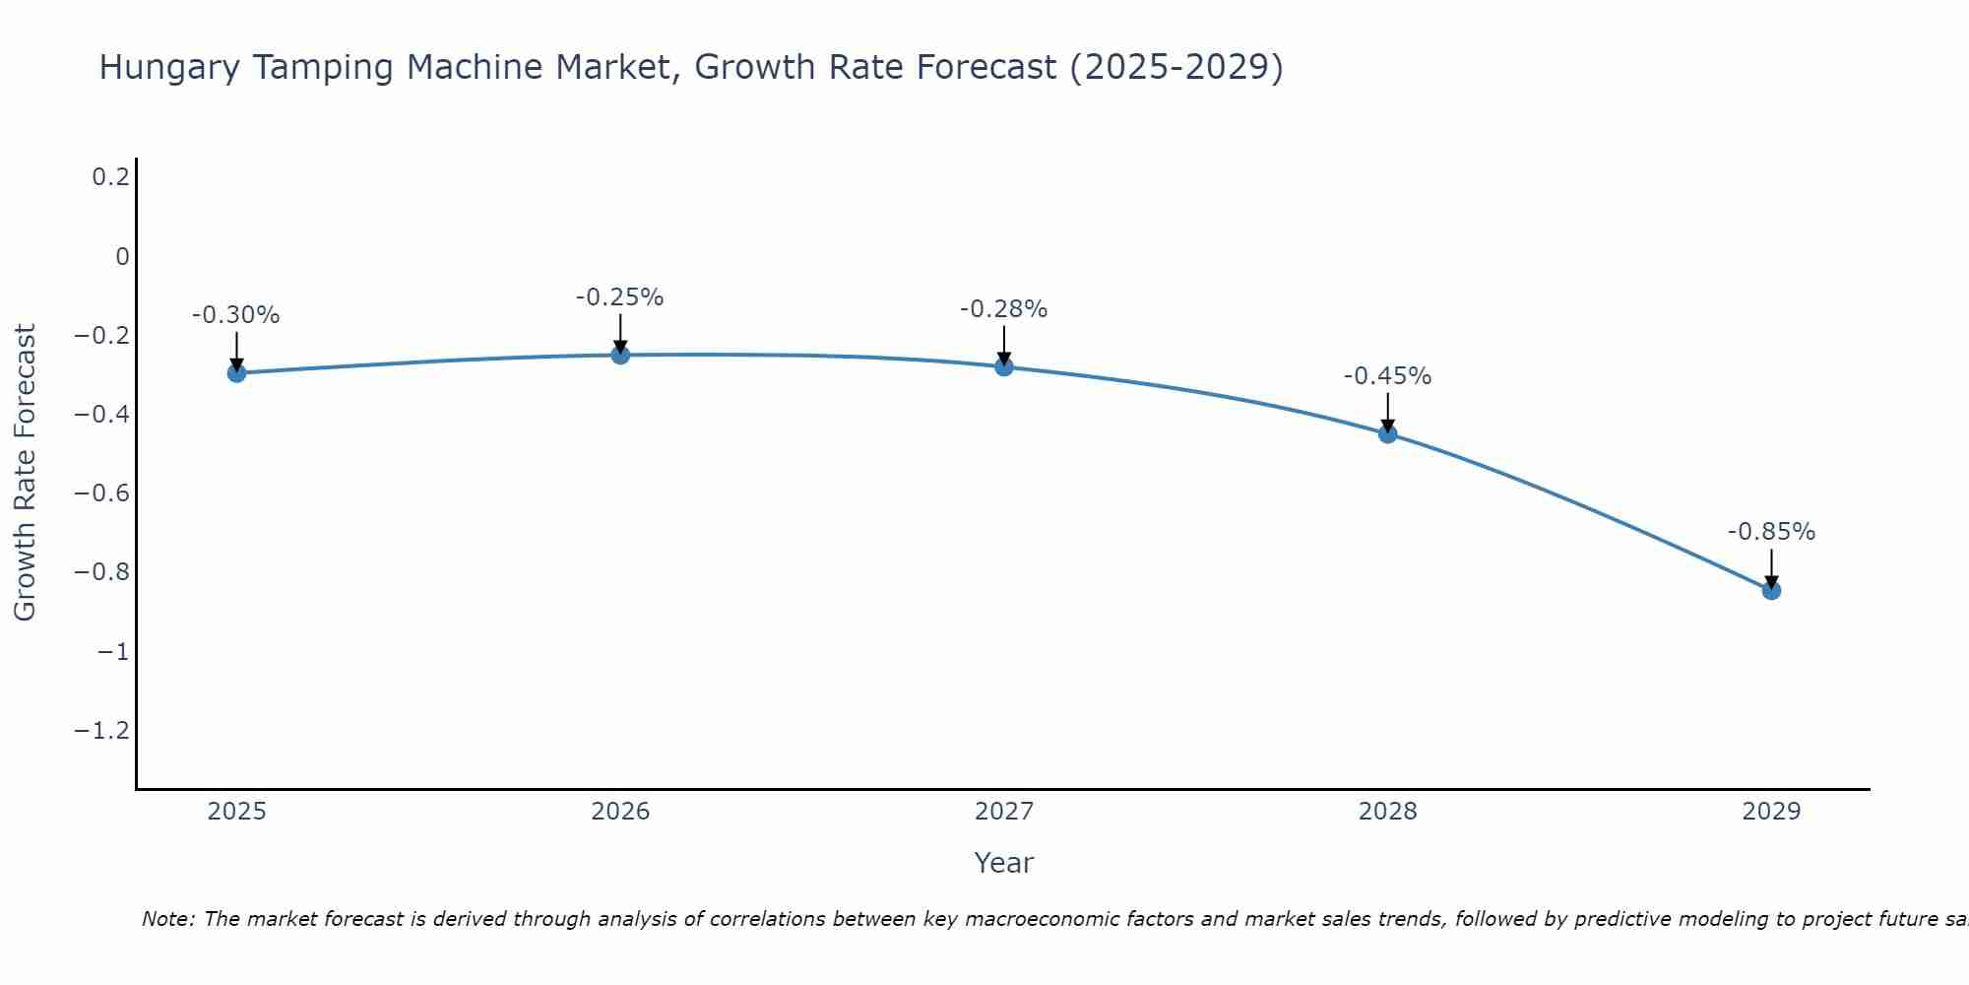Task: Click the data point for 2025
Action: coord(236,373)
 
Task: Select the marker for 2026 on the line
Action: coord(620,355)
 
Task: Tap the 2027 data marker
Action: coord(1004,366)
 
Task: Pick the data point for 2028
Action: coord(1388,433)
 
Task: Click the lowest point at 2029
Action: coord(1771,591)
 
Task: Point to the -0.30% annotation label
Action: coord(235,315)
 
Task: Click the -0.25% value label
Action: coord(619,297)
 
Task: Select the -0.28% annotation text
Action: coord(1003,309)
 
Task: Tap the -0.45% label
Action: coord(1387,376)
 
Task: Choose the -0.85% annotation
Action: coord(1771,532)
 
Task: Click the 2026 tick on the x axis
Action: coord(620,812)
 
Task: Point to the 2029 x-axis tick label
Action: coord(1771,812)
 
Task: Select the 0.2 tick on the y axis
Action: coord(110,177)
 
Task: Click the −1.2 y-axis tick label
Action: coord(102,730)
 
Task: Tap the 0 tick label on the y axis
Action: coord(122,256)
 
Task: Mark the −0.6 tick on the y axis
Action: coord(102,492)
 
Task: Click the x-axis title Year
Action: coord(1003,863)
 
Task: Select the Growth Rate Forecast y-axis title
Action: coord(25,473)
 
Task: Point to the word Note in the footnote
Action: coord(167,919)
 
